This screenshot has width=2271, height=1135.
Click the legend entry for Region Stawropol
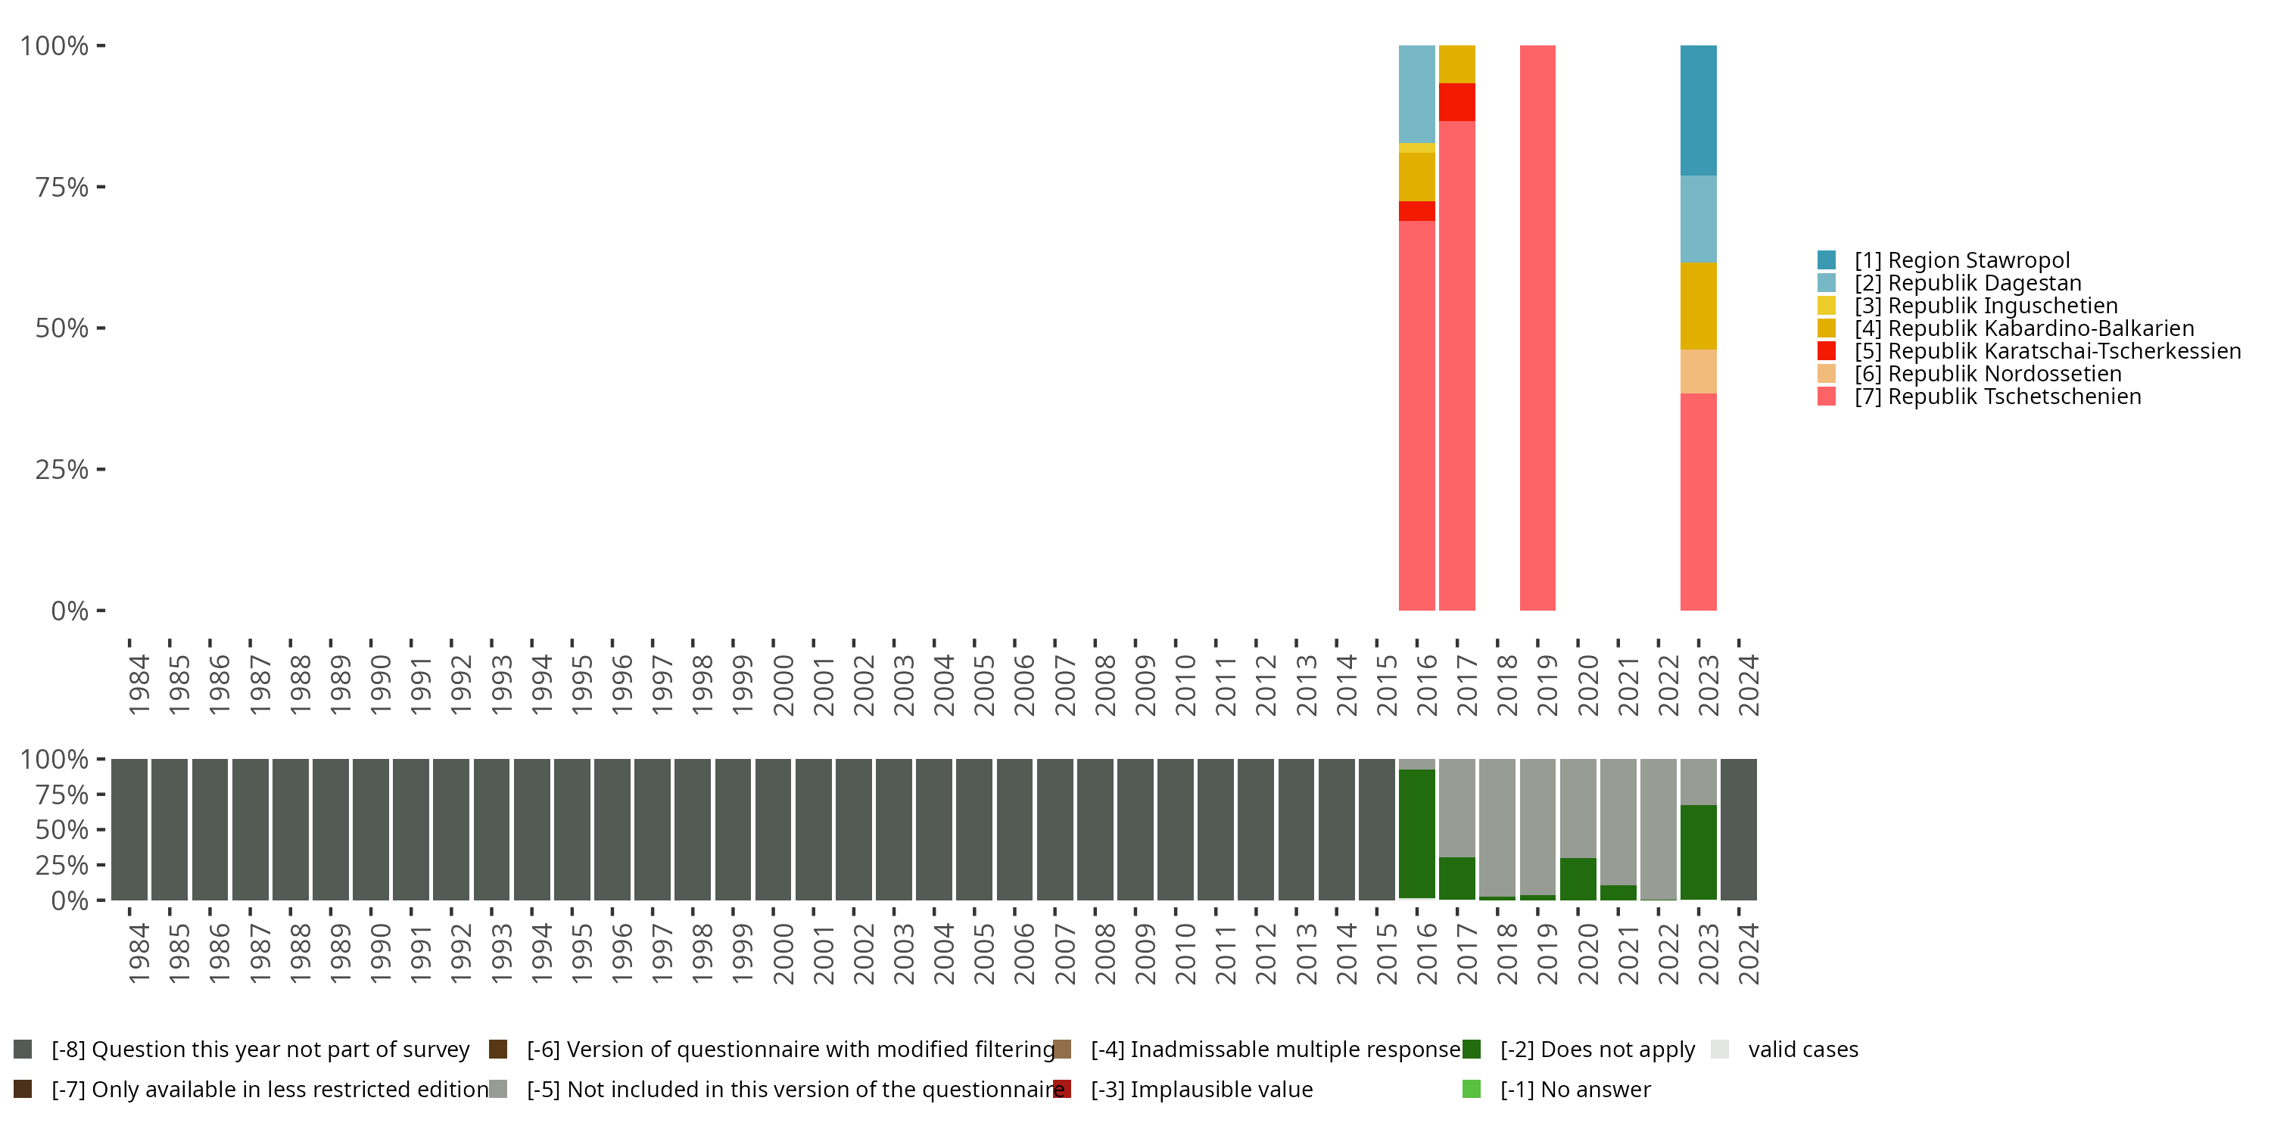pos(1961,260)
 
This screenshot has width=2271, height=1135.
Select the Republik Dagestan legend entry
pos(1967,283)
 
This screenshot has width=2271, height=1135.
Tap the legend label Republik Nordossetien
pos(1987,374)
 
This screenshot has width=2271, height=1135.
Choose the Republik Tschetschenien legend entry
pos(1997,396)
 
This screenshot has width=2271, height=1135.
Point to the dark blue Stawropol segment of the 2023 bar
pos(1698,110)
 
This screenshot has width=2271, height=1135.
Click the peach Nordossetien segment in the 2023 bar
pos(1698,372)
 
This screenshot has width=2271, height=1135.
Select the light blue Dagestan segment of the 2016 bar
pos(1417,93)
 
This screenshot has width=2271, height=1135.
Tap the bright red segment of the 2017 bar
pos(1456,102)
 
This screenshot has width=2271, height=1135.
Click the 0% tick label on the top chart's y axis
pos(70,611)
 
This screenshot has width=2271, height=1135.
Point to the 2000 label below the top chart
pos(783,685)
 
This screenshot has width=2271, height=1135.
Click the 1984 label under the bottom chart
pos(139,953)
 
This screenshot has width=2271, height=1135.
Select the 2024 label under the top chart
pos(1748,685)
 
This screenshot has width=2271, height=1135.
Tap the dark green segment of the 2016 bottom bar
pos(1417,833)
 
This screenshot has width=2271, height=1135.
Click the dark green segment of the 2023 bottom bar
pos(1698,851)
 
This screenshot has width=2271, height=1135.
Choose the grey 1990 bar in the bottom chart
pos(370,829)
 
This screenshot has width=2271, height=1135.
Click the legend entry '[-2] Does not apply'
pos(1597,1049)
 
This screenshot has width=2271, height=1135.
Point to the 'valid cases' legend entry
pos(1802,1049)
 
